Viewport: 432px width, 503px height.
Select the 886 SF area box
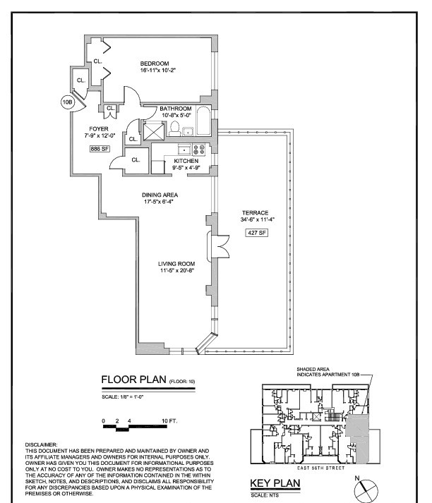(x=99, y=149)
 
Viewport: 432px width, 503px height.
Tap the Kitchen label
(x=186, y=161)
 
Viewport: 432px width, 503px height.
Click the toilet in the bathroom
(x=174, y=128)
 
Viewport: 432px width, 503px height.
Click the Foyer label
(x=99, y=128)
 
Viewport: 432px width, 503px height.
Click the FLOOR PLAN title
(x=134, y=381)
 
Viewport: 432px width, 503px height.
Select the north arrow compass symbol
(x=365, y=488)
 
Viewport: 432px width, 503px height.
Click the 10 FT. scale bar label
(x=171, y=420)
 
